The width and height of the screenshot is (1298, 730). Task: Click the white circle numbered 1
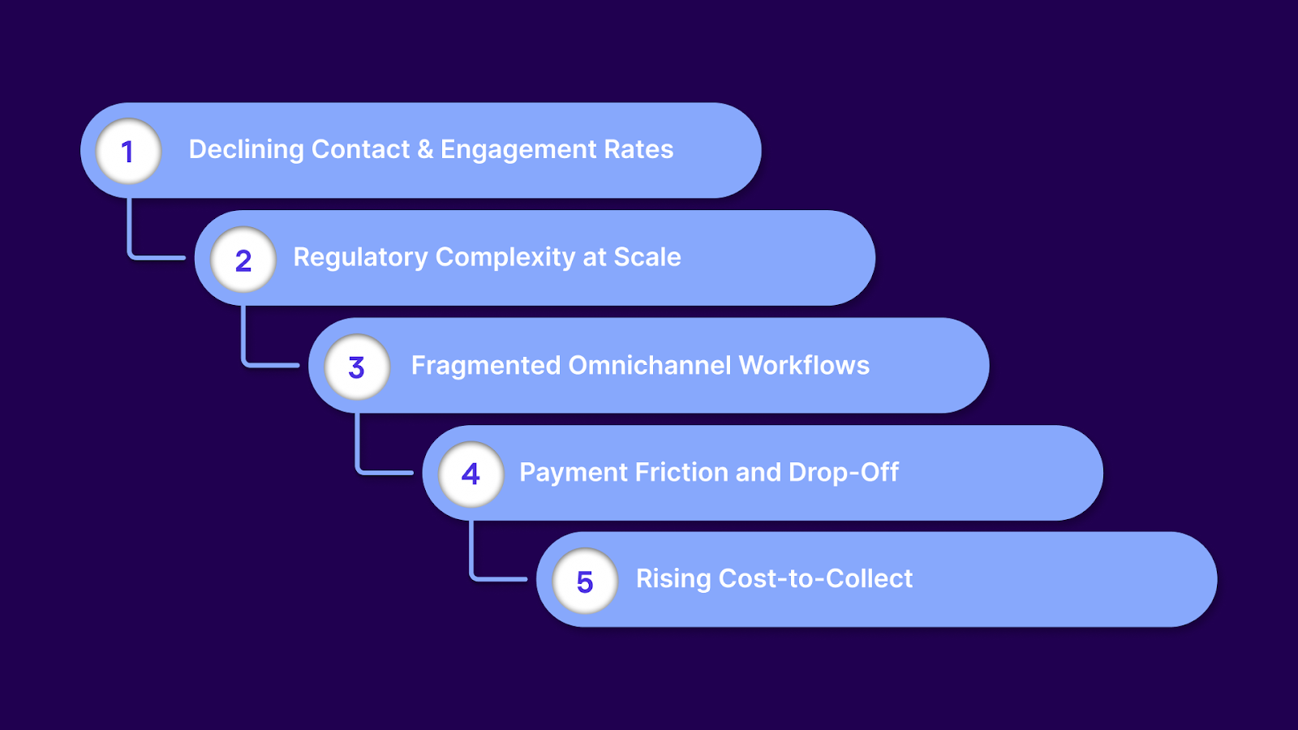click(x=128, y=151)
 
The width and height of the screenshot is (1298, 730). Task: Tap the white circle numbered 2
click(x=243, y=260)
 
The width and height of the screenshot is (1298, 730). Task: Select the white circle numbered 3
click(x=357, y=367)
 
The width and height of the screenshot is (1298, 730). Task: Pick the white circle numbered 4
click(x=471, y=474)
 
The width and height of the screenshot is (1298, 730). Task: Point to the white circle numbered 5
click(x=585, y=581)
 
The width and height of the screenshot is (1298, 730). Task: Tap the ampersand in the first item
click(x=425, y=150)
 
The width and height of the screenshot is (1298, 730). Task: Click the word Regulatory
click(x=360, y=258)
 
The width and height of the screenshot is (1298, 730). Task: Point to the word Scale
click(x=647, y=257)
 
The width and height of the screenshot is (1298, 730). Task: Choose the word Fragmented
click(x=485, y=366)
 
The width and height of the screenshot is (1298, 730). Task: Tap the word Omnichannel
click(x=650, y=366)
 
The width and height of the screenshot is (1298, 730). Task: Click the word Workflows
click(x=804, y=366)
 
